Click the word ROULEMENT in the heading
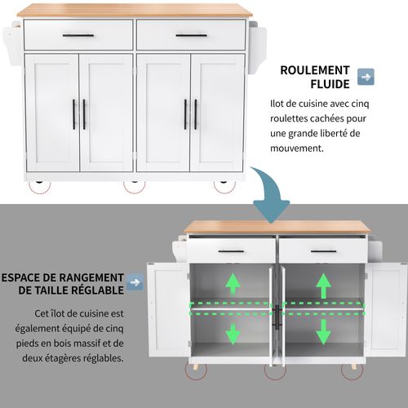[315, 69]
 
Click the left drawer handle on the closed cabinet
[78, 35]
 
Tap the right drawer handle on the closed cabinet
[191, 35]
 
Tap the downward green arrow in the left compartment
[233, 333]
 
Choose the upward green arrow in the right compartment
[323, 285]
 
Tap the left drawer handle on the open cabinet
[231, 251]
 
